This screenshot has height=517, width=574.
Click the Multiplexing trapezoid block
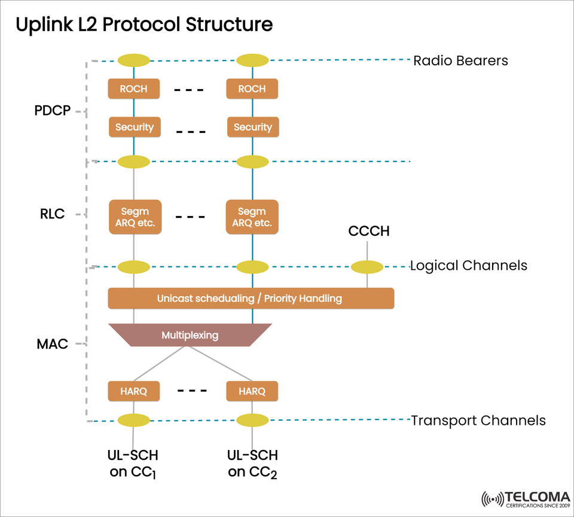point(190,335)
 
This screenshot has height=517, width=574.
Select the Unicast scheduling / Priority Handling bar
point(251,298)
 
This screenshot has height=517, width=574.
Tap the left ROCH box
point(133,89)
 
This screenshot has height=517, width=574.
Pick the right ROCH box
point(252,89)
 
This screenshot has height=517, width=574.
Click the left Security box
point(135,127)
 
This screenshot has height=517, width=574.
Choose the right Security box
point(252,127)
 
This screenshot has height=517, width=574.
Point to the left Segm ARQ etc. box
point(135,217)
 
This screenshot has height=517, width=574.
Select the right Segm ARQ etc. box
point(252,217)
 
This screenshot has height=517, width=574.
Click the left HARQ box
point(133,391)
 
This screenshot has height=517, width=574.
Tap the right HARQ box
point(252,391)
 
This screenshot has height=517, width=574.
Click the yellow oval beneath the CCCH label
point(367,267)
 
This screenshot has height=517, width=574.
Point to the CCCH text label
point(369,231)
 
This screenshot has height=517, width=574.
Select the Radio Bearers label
point(460,60)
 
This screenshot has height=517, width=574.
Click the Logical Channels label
point(468,266)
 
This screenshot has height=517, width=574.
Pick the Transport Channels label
point(478,421)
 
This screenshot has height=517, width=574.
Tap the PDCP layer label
point(53,111)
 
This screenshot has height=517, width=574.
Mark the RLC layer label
point(52,214)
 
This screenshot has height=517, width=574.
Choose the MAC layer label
point(52,344)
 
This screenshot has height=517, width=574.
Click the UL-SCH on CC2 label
point(252,464)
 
